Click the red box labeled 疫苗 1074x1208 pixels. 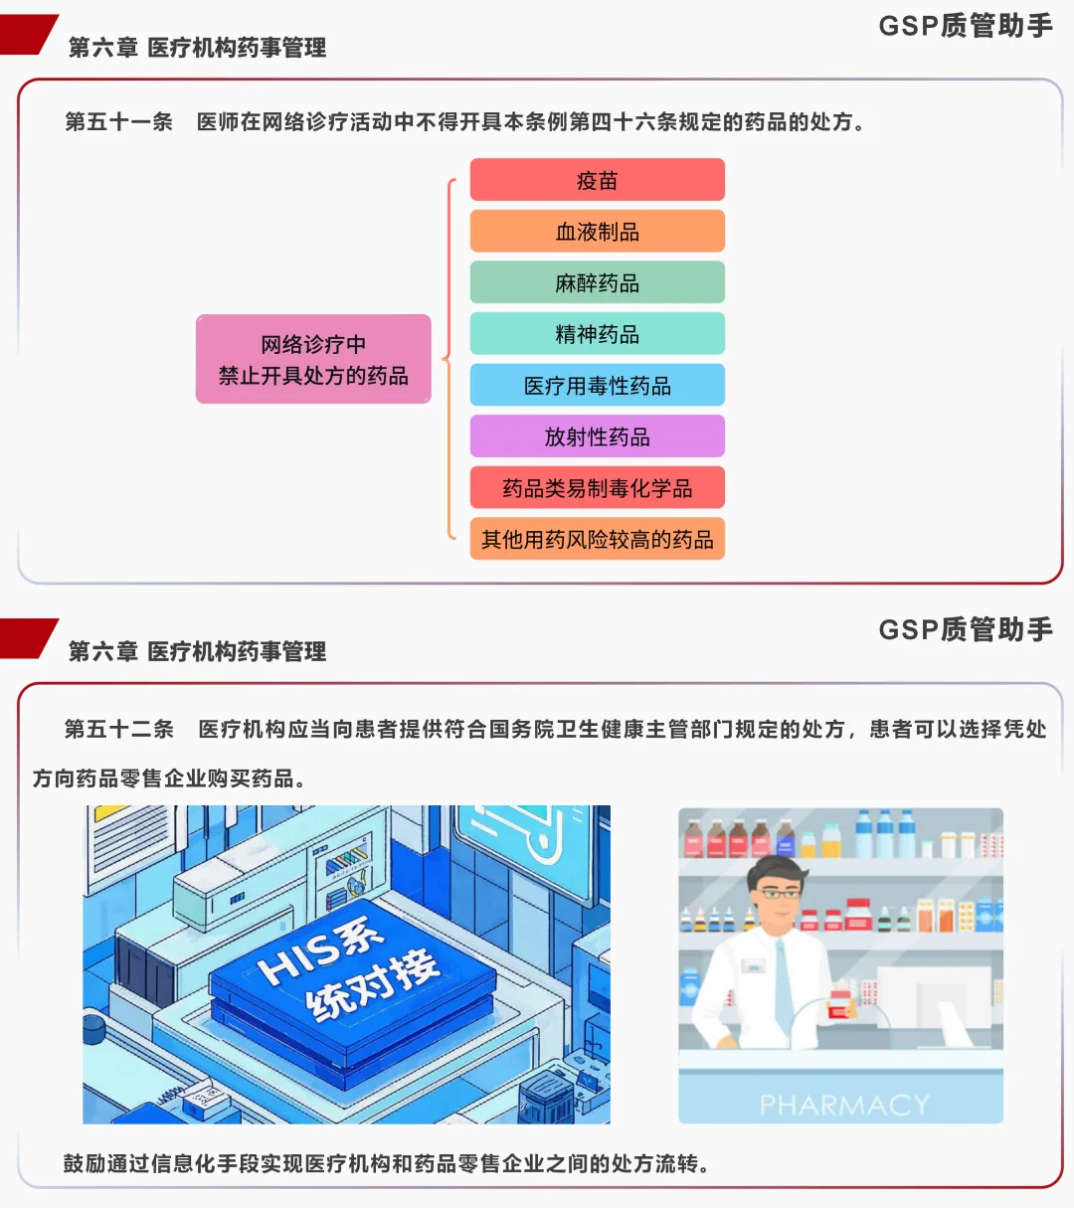[x=597, y=180]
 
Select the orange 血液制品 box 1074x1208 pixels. [x=597, y=232]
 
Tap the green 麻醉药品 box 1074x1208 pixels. [x=597, y=283]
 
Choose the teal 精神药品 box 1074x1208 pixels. [x=597, y=334]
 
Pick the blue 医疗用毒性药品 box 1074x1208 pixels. [x=597, y=386]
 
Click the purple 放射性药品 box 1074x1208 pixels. [x=597, y=436]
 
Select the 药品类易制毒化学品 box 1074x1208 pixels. [x=597, y=488]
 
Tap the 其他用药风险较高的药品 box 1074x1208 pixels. [x=597, y=540]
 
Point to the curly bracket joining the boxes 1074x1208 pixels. [x=448, y=359]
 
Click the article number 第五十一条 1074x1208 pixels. [x=119, y=122]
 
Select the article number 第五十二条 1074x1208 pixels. [x=119, y=729]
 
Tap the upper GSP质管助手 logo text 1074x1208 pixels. [x=965, y=26]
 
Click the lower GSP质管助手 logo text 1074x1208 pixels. [x=965, y=629]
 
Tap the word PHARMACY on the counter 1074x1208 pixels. [x=843, y=1105]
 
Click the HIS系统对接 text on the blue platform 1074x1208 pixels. [x=348, y=969]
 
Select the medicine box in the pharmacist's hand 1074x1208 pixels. [x=840, y=1003]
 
